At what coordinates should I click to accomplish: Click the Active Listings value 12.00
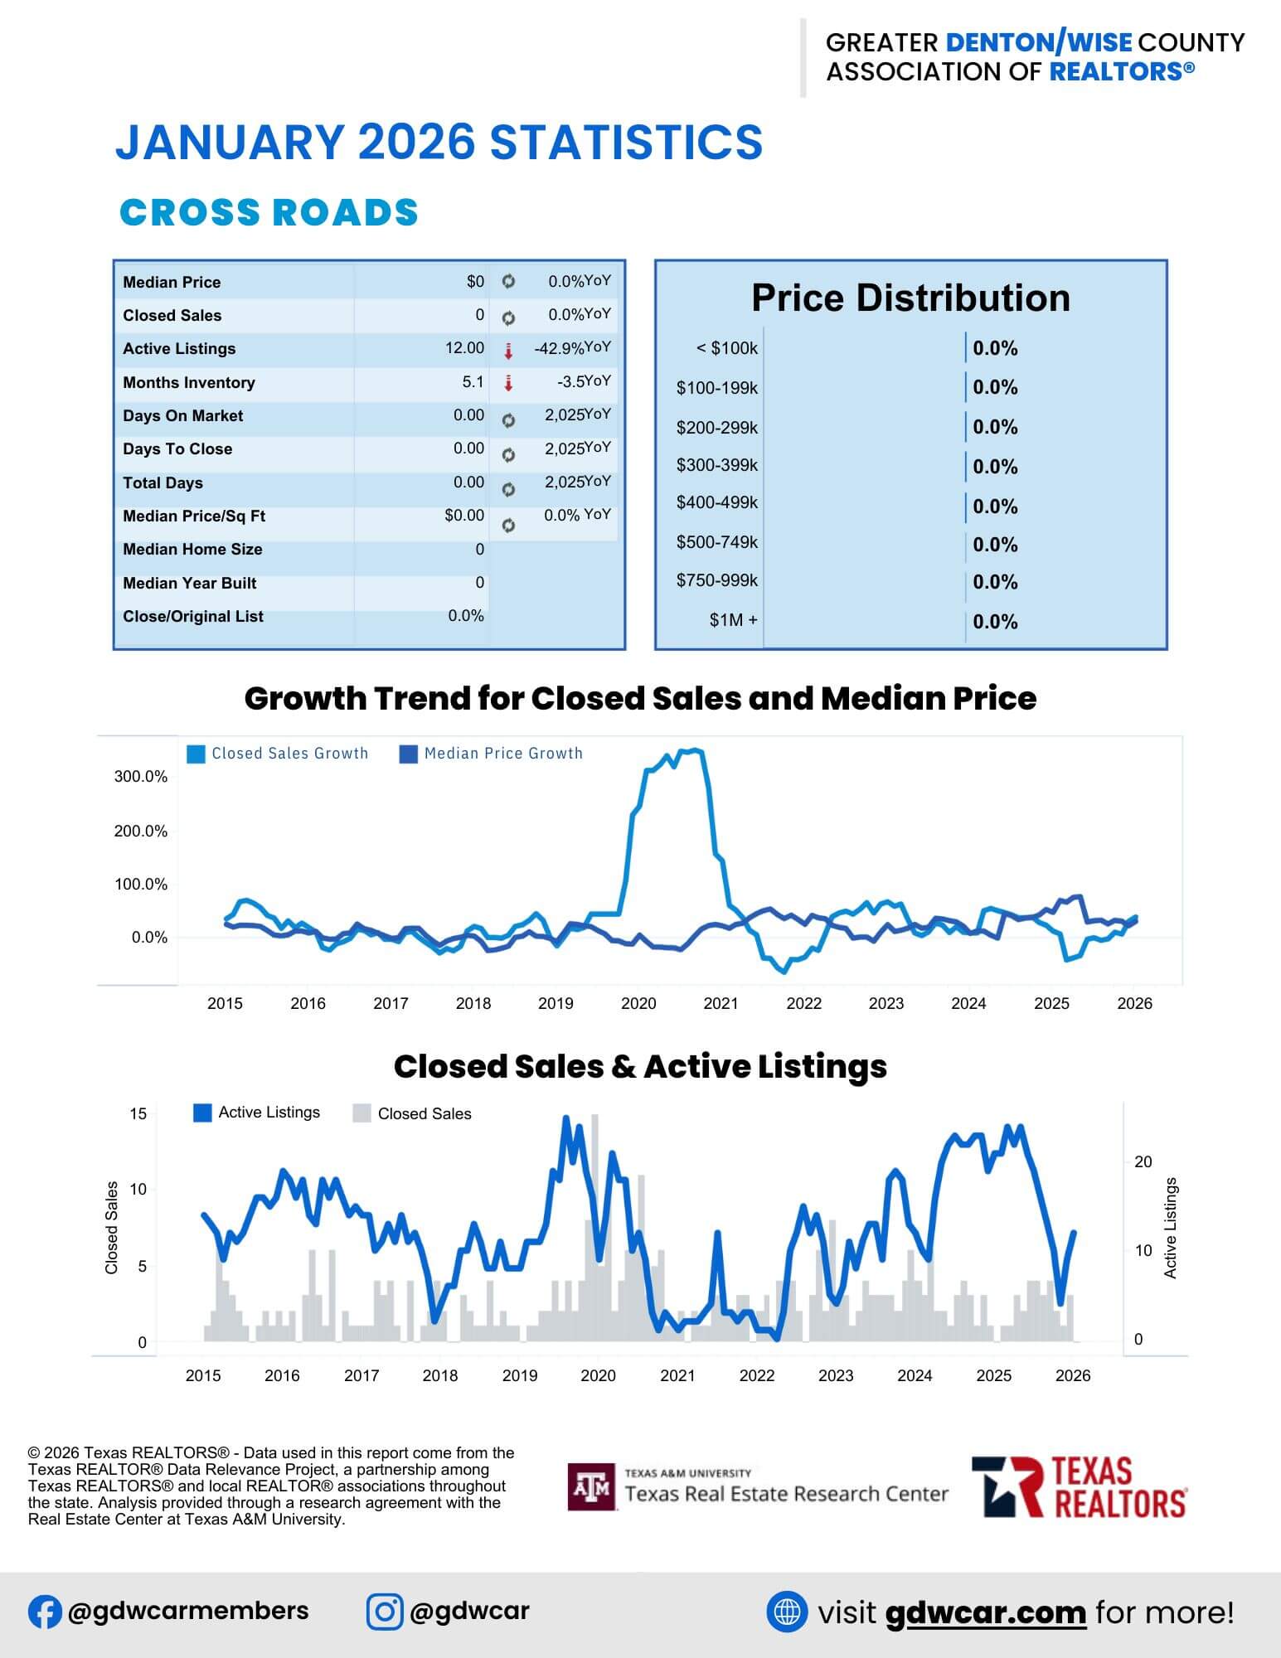point(464,348)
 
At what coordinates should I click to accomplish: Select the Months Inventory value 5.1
point(473,382)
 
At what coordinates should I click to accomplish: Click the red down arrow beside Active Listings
point(508,351)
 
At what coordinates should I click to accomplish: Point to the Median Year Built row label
point(189,583)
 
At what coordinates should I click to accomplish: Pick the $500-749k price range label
point(716,542)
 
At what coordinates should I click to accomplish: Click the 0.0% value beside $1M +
point(995,622)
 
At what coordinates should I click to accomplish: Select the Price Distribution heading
point(910,298)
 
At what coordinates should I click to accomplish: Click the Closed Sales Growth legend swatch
point(196,754)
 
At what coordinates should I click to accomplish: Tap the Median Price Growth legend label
point(503,754)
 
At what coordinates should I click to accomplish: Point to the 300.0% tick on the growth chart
point(140,777)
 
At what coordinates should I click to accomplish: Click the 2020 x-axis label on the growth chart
point(638,1003)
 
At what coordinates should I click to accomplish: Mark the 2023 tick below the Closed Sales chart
point(835,1375)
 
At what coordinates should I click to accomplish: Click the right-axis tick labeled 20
point(1143,1162)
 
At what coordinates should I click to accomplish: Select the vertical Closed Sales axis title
point(112,1228)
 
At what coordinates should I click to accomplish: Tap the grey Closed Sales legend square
point(361,1113)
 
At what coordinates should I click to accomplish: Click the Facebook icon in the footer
point(45,1612)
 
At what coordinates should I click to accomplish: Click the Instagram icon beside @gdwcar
point(385,1612)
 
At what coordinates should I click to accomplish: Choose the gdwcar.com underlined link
point(985,1612)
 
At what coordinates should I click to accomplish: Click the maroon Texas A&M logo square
point(591,1486)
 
